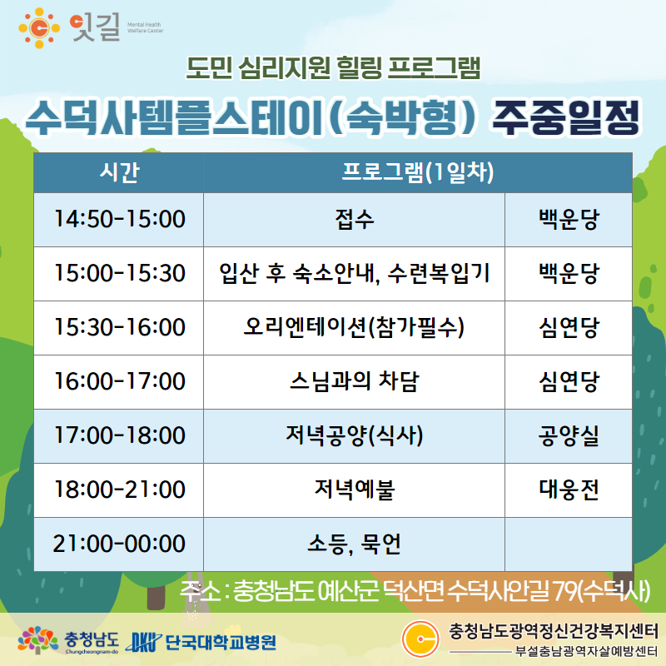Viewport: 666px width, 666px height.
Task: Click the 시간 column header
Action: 119,172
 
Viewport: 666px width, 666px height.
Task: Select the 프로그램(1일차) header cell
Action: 418,172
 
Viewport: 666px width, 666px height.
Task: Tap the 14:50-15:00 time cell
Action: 119,220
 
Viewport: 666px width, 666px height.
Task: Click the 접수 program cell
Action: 355,220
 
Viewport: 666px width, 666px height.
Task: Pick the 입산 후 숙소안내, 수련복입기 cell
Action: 355,274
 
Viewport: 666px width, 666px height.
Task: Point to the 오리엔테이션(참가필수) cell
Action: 355,327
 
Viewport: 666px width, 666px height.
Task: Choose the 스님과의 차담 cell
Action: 355,381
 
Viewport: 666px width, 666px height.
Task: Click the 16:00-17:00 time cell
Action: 119,381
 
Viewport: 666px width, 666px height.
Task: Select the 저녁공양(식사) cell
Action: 355,435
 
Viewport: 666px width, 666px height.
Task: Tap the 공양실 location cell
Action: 569,435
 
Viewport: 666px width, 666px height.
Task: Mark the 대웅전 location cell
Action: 569,490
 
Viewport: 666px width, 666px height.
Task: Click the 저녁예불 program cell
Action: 355,490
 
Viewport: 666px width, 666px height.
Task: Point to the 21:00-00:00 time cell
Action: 119,544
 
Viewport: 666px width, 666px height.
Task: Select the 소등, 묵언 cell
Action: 355,544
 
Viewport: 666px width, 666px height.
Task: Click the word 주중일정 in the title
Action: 566,118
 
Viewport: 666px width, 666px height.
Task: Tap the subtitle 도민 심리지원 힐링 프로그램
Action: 334,68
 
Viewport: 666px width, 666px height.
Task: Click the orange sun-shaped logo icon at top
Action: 39,28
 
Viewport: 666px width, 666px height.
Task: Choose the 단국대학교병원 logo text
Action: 221,643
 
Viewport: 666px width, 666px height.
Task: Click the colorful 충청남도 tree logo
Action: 37,639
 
